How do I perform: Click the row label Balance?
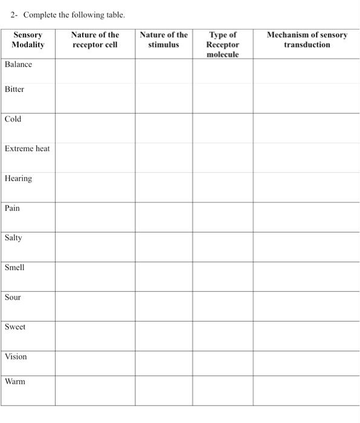coord(18,65)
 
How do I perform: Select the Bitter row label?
coord(14,89)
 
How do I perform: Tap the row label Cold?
coord(13,119)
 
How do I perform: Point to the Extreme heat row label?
coord(27,149)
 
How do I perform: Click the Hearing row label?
coord(18,178)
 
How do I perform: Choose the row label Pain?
coord(13,208)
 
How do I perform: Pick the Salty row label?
coord(13,237)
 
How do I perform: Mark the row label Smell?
coord(14,267)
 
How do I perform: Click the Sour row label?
coord(13,297)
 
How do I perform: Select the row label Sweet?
coord(15,327)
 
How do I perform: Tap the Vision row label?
coord(16,357)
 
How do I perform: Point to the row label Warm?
coord(15,381)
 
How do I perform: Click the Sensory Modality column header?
coord(28,40)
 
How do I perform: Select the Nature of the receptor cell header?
coord(95,40)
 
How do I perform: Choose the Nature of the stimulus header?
coord(164,40)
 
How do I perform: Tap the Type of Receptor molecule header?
coord(222,45)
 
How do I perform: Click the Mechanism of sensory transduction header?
coord(307,40)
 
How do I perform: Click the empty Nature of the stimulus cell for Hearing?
coord(164,187)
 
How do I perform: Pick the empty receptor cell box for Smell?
coord(95,276)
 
